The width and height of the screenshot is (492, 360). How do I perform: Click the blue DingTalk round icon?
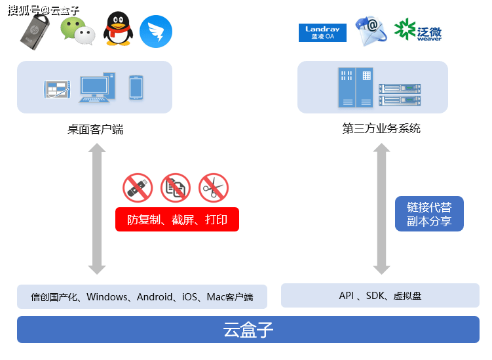(156, 31)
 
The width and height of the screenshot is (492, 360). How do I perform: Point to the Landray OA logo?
(322, 32)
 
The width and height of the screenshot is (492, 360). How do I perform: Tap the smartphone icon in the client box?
(136, 87)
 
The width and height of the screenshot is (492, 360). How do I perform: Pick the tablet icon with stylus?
(57, 89)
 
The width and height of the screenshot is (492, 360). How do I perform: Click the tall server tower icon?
(354, 87)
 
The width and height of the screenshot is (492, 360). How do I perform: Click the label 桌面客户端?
(95, 129)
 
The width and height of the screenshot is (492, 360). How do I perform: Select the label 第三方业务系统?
(381, 129)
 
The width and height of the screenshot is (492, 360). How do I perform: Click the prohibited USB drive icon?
(137, 188)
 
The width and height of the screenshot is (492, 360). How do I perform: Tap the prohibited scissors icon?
(213, 188)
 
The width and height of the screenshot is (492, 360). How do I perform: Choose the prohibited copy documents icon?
(175, 188)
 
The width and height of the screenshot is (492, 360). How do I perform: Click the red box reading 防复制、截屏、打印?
(177, 220)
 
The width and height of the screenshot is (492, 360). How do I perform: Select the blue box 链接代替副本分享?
(429, 214)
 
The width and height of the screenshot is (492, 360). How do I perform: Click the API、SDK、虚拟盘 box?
(380, 296)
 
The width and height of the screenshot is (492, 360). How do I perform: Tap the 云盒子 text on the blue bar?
(248, 329)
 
